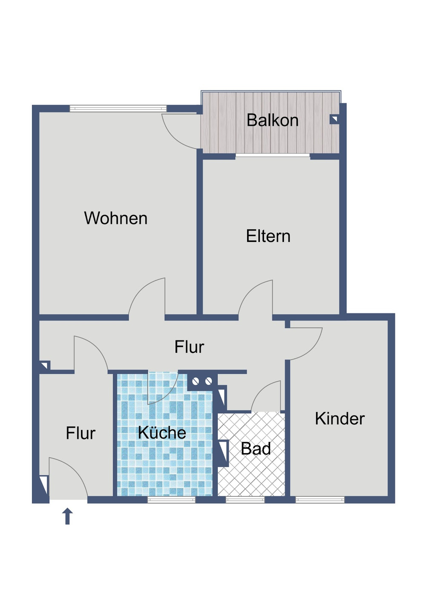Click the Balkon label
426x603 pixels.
pos(272,120)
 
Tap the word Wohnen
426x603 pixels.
pos(115,218)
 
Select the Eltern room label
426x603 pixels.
pos(268,236)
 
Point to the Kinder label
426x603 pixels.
pos(340,418)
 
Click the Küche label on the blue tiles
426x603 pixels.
pos(162,433)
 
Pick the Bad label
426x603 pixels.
pos(256,449)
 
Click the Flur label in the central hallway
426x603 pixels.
pos(189,347)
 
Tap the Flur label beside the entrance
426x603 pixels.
pos(80,433)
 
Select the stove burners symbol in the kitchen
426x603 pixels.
pos(202,381)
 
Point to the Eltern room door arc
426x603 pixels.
pos(256,298)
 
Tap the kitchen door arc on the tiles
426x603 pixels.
pos(162,388)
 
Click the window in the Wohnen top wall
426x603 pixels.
pos(118,109)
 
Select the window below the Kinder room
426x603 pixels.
pos(320,499)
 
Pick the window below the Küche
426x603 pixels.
pos(171,499)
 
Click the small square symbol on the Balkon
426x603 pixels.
pos(334,119)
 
